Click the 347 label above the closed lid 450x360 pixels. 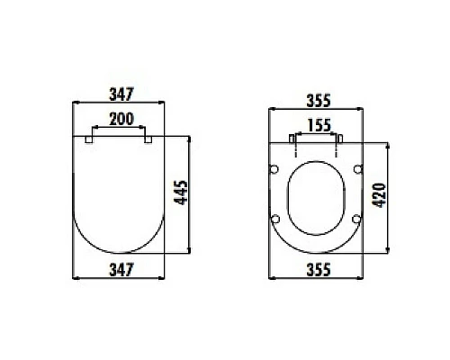(x=119, y=92)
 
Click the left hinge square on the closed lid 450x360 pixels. (x=88, y=139)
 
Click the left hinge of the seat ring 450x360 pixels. (x=292, y=139)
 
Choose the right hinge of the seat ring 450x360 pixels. (x=339, y=139)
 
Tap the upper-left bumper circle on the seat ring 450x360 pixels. (x=274, y=170)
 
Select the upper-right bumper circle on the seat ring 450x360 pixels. (x=357, y=170)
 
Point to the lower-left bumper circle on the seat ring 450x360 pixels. (x=275, y=220)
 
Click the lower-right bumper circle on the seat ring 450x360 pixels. (x=356, y=220)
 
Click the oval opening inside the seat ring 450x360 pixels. (x=316, y=198)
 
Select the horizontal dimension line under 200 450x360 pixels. (x=118, y=129)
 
